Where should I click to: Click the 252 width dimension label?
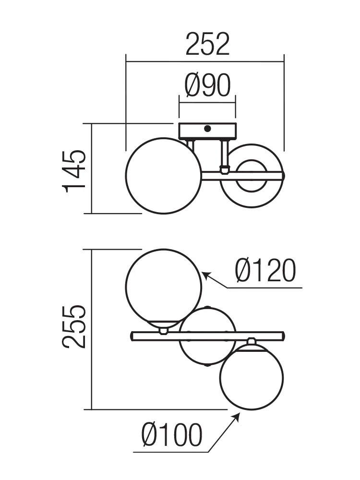[207, 44]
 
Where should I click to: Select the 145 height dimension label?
[73, 171]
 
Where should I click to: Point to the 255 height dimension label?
[73, 326]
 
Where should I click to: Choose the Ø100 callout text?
[172, 435]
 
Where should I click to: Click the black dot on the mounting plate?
[207, 129]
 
